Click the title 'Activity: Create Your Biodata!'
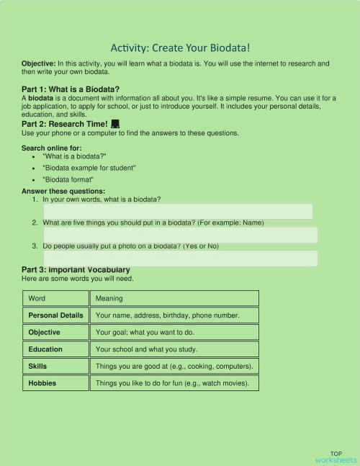pos(180,48)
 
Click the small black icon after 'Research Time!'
pos(115,125)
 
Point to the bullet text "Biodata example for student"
pos(89,168)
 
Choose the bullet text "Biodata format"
pos(68,179)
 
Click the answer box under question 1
pos(178,211)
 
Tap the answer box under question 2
pos(180,235)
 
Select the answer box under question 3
pos(180,258)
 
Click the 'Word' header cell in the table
pos(55,298)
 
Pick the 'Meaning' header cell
pos(174,298)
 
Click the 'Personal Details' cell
pos(55,315)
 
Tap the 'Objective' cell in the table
pos(55,332)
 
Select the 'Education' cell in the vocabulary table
pos(55,349)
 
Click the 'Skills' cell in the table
pos(55,366)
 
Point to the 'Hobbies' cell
pos(55,383)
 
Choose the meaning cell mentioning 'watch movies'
pos(174,383)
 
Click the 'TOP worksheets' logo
pos(336,457)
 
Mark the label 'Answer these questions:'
pos(63,191)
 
